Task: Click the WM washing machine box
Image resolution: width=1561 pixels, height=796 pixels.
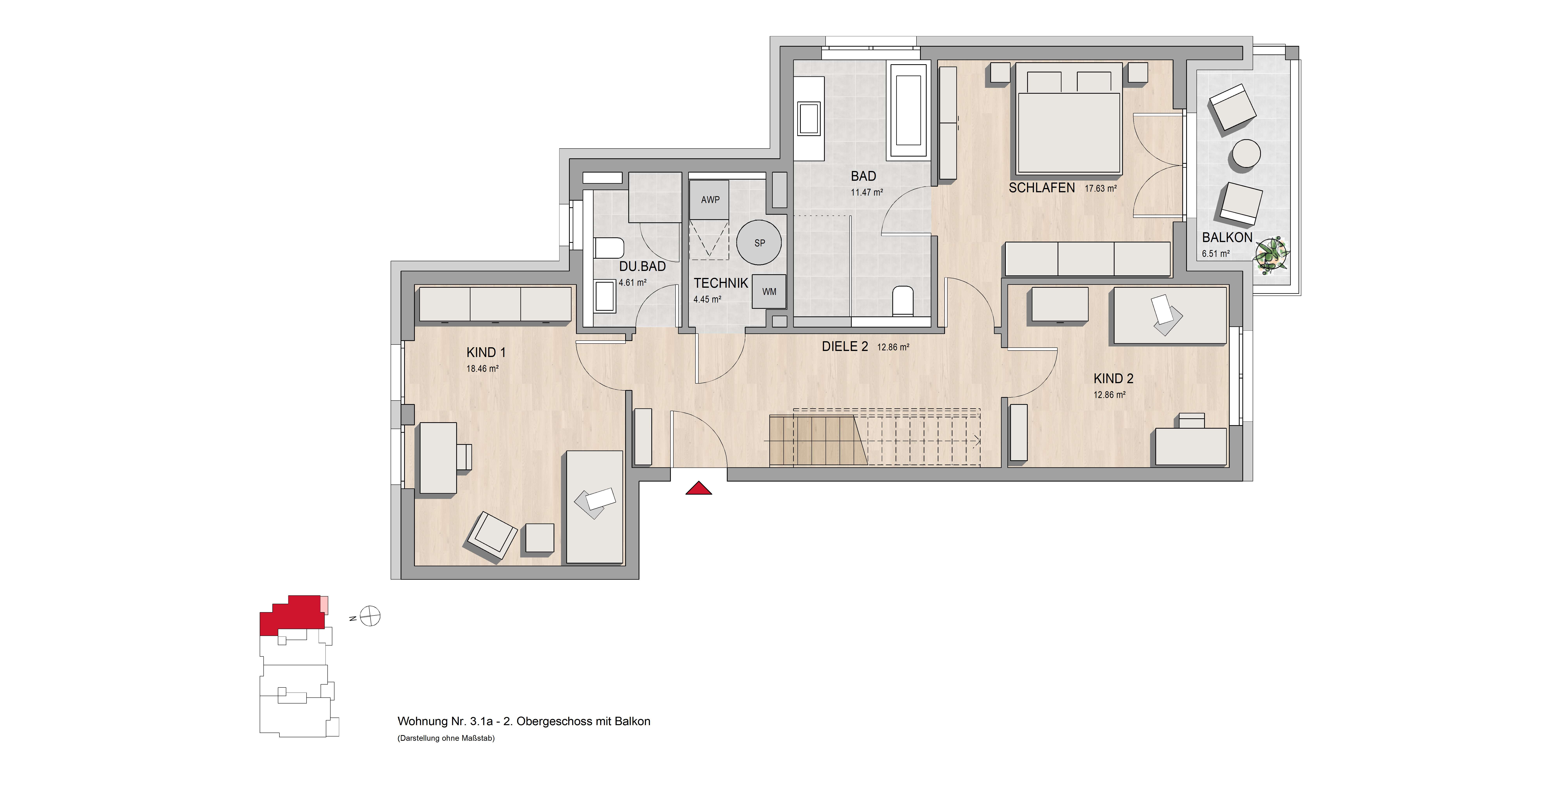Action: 769,292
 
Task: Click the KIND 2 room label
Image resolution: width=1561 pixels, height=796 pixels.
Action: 1113,378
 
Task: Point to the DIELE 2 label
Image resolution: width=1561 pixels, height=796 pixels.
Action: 845,346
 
